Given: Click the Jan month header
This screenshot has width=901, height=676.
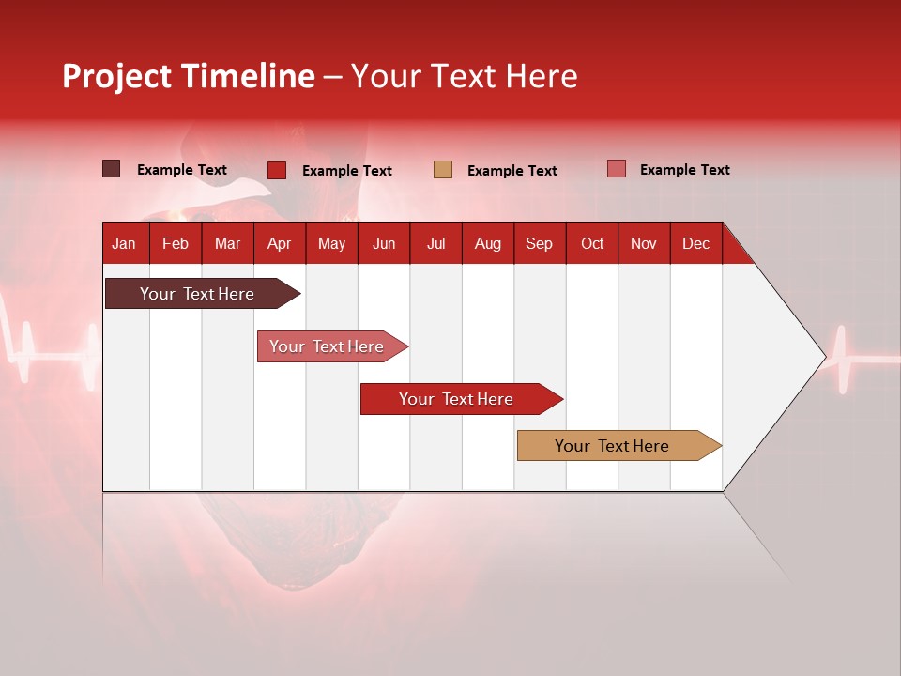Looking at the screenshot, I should click(x=124, y=243).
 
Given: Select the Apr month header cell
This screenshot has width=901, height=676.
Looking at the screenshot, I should click(x=279, y=243).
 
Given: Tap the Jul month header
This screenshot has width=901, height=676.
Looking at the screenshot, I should click(x=435, y=243).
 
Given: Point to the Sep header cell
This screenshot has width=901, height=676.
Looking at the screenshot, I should click(x=539, y=243).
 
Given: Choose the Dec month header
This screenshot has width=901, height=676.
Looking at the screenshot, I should click(x=695, y=243).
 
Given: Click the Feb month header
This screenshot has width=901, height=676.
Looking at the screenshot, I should click(x=176, y=243).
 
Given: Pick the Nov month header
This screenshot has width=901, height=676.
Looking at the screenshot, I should click(x=643, y=243).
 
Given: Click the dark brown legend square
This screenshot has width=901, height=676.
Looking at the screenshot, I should click(x=112, y=169).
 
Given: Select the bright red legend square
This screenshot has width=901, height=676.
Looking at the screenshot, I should click(x=277, y=170).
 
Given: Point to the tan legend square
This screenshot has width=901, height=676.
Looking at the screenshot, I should click(x=443, y=170).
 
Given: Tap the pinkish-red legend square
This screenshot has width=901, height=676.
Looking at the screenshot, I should click(x=616, y=169).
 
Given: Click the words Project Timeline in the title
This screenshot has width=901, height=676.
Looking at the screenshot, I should click(x=189, y=76).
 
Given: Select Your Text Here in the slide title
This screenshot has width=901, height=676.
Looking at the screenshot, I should click(x=464, y=76).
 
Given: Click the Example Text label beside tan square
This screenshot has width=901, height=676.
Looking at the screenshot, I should click(x=512, y=171).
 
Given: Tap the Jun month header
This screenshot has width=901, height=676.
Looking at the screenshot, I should click(x=384, y=243).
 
